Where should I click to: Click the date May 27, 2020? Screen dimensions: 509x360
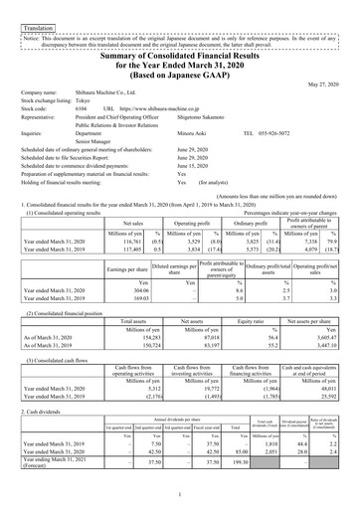[x=322, y=83]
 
